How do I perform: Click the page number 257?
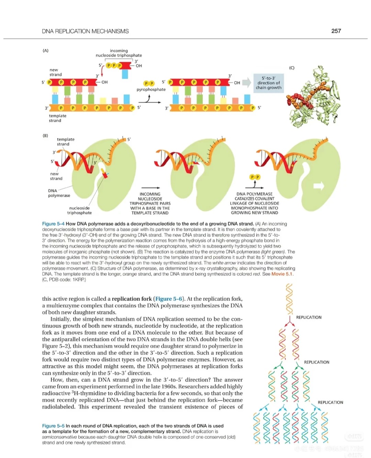pos(336,31)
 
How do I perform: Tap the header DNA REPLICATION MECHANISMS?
pos(85,31)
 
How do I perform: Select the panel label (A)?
pos(45,50)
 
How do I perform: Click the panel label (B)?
pos(45,136)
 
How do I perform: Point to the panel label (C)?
pos(292,68)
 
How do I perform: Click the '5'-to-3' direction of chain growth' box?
pos(268,83)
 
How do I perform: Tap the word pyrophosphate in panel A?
pos(151,90)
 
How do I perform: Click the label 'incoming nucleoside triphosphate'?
pos(119,53)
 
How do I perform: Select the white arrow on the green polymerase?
pos(319,186)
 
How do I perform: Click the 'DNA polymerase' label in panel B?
pos(59,193)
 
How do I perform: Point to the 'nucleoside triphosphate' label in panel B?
pos(79,210)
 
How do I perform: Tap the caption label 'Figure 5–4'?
pos(53,224)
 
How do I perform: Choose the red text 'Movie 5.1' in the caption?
pos(282,274)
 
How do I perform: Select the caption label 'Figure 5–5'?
pos(53,426)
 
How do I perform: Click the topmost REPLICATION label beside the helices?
pos(308,317)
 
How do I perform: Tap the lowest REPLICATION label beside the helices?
pos(330,402)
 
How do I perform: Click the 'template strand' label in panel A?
pos(57,118)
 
